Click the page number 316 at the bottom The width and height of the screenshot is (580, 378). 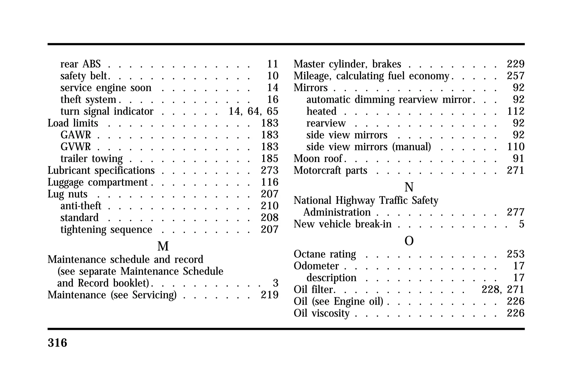57,343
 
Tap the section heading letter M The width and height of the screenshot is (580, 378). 163,246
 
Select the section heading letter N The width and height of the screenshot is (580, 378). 409,187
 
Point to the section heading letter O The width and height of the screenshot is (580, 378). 409,241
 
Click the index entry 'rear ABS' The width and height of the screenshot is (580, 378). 80,64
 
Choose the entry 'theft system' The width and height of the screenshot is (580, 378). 88,100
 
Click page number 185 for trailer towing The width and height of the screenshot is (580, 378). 270,159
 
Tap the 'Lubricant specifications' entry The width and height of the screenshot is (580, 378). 101,170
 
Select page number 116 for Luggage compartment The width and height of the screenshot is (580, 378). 270,182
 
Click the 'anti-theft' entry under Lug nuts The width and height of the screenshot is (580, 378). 81,206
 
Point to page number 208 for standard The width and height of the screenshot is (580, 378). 270,218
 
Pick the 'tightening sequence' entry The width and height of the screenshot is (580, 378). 106,230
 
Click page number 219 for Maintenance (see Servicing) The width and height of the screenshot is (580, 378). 270,295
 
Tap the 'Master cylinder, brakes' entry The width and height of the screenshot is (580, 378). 347,64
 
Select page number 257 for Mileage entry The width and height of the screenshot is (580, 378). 516,76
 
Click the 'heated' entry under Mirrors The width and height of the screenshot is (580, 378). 321,111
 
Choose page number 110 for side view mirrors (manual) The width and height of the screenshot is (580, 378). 516,147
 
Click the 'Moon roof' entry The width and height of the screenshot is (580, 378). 318,159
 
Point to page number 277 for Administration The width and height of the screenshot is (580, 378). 516,212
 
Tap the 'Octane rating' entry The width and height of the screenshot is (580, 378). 325,254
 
